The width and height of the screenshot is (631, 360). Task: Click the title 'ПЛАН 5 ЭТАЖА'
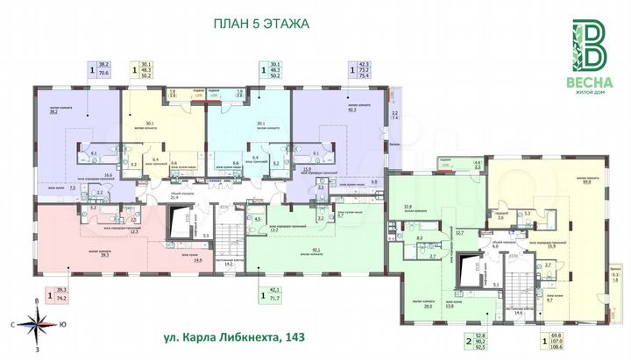point(261,24)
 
